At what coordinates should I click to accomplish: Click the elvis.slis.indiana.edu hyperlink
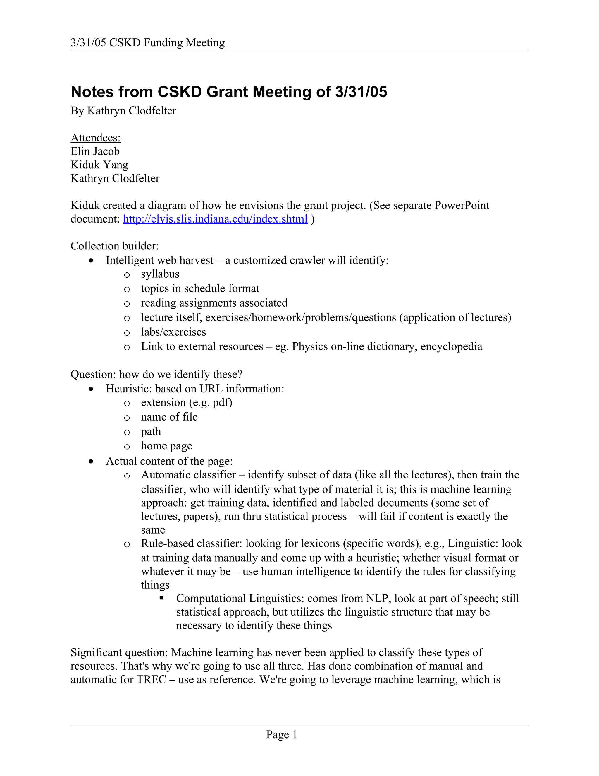215,219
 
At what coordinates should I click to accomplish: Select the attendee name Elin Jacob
95,151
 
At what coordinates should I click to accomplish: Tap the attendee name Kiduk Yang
99,165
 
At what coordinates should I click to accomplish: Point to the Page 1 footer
281,734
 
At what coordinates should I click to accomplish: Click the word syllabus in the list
160,274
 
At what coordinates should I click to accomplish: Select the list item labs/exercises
173,332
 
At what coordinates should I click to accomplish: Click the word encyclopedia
451,346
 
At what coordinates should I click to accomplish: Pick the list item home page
166,446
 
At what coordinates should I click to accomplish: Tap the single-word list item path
151,431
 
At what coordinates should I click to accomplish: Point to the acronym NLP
378,598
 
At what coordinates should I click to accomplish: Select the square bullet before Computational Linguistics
161,598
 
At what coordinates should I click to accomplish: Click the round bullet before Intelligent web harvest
92,260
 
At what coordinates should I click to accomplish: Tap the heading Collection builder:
114,246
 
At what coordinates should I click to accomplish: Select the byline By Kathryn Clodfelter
123,111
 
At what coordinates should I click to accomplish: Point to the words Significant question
119,652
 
